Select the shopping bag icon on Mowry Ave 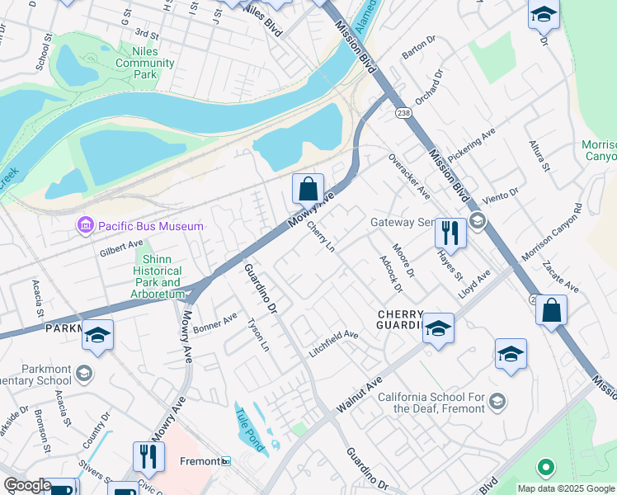pos(308,189)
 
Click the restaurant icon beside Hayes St pos(450,233)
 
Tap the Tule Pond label pos(249,430)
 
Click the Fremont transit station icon pos(225,462)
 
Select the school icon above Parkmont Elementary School pos(97,335)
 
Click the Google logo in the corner pos(27,486)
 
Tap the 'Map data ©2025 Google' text pos(565,488)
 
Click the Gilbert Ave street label pos(121,247)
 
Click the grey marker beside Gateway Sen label pos(477,222)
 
